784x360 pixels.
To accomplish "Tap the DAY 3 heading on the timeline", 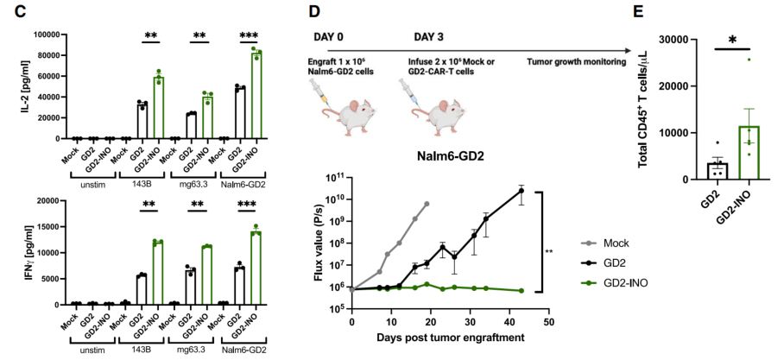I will point(434,39).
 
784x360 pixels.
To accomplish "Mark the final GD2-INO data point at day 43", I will point(522,291).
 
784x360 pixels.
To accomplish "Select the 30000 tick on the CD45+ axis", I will point(672,41).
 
